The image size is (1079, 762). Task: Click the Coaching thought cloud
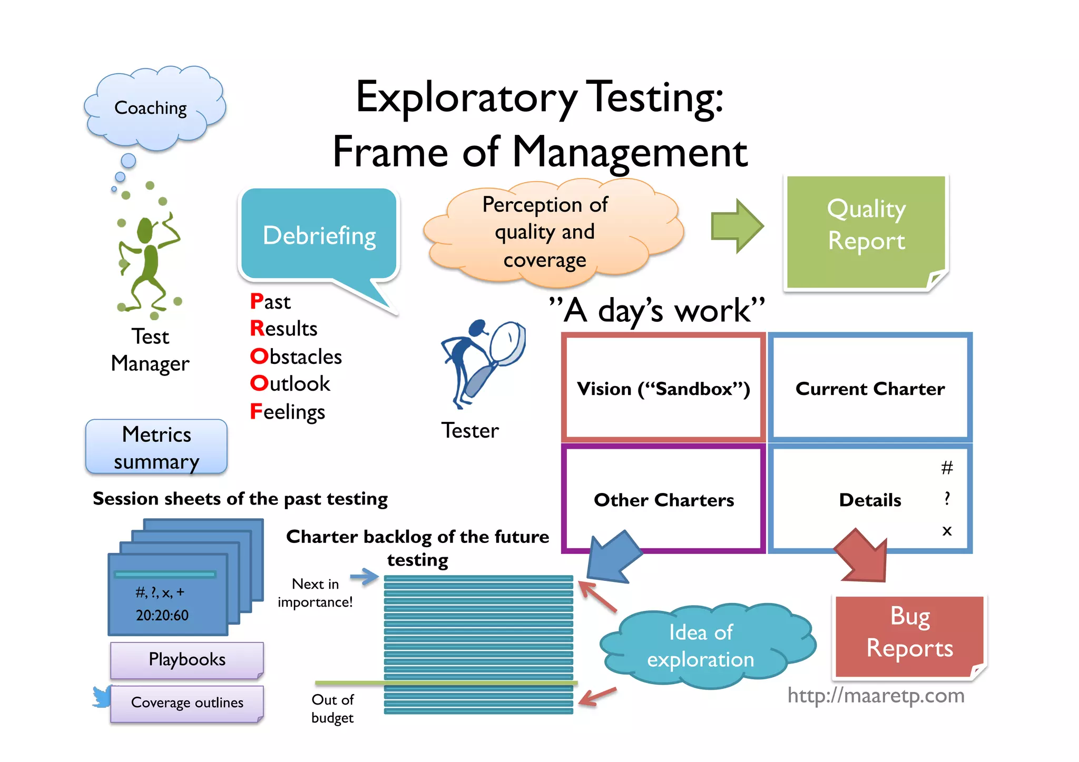click(x=153, y=108)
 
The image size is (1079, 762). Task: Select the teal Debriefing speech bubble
click(x=319, y=234)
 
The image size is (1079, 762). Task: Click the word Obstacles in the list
click(x=296, y=357)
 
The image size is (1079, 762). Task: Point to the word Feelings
click(x=288, y=411)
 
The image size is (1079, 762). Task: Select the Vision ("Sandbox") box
click(x=663, y=388)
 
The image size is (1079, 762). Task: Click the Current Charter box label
click(x=870, y=388)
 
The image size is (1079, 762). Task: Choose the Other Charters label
click(x=663, y=499)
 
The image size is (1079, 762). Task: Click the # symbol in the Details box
click(x=947, y=468)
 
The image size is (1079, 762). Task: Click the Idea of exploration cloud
click(x=701, y=646)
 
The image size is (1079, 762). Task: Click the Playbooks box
click(x=187, y=659)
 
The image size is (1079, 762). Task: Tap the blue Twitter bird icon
click(x=101, y=696)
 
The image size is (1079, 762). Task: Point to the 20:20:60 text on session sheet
click(x=162, y=615)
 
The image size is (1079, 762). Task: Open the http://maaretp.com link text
click(x=876, y=696)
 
